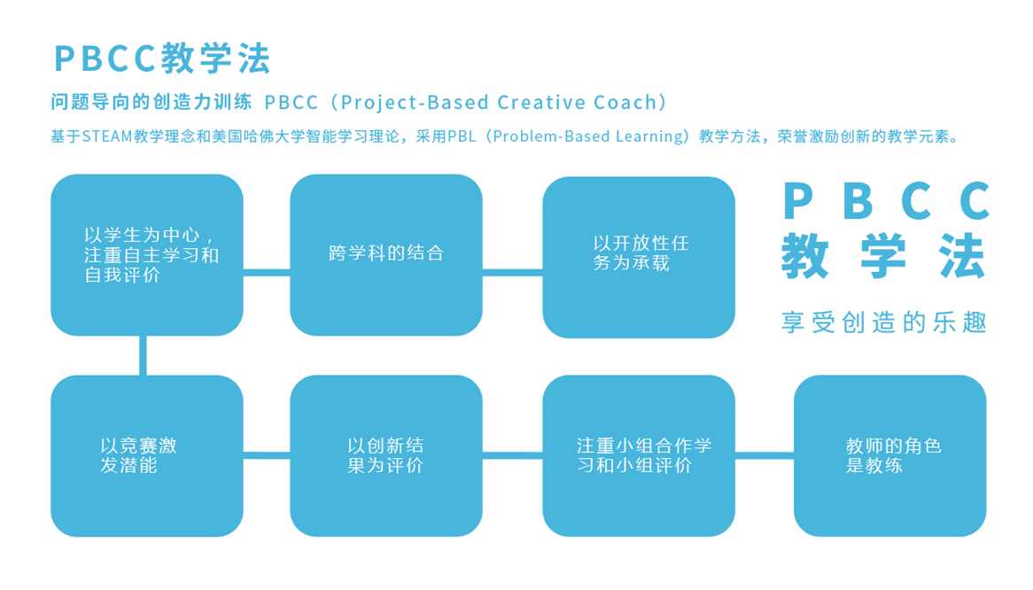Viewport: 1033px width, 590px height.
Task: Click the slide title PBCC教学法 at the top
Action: point(162,58)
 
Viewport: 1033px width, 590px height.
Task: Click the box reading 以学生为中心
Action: point(147,255)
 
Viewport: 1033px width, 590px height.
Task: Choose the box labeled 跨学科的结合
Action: point(386,255)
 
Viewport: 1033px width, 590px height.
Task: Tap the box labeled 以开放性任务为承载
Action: point(638,257)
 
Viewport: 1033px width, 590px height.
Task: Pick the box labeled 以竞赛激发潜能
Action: point(147,455)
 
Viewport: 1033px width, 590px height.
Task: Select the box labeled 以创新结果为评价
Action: point(386,455)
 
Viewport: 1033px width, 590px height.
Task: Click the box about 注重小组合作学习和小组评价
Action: point(638,455)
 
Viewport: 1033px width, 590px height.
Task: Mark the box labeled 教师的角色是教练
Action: point(889,455)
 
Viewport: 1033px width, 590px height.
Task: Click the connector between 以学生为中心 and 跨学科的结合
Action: point(267,272)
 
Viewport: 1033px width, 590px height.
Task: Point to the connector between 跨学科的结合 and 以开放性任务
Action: point(512,272)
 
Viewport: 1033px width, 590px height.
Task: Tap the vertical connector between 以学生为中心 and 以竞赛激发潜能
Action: point(143,355)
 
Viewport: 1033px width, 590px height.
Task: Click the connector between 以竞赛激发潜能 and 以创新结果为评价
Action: point(267,456)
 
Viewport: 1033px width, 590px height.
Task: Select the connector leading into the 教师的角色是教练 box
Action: point(764,456)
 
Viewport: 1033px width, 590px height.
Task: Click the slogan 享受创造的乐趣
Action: point(883,322)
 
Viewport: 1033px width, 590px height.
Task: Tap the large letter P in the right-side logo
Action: point(798,201)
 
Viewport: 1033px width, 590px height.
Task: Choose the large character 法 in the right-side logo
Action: point(962,256)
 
